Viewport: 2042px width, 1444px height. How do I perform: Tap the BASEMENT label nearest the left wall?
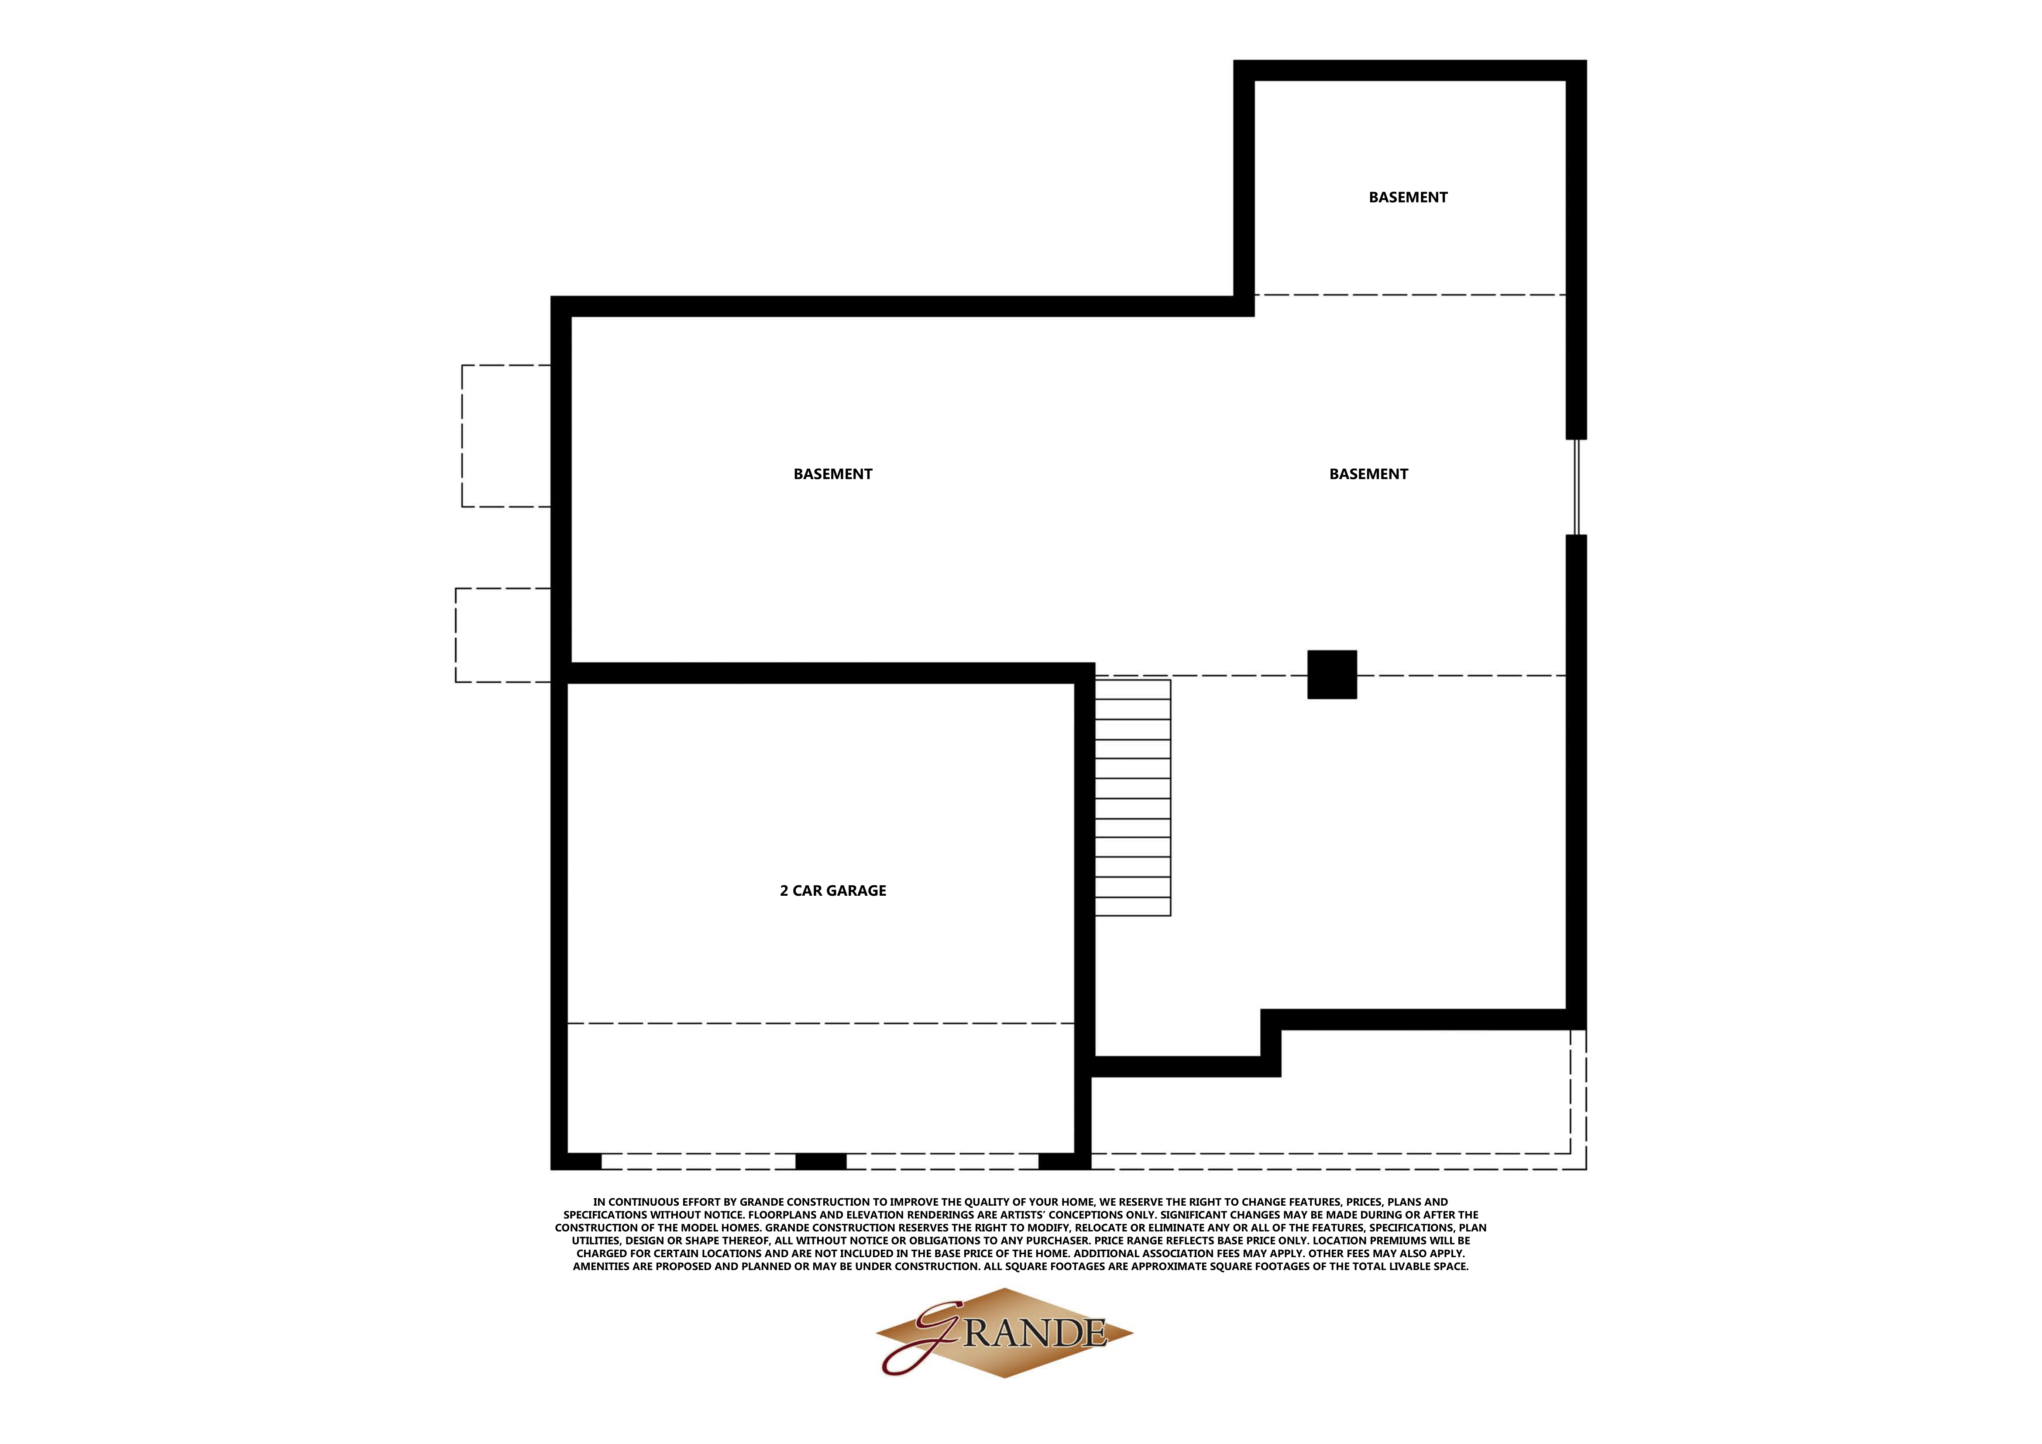click(x=832, y=474)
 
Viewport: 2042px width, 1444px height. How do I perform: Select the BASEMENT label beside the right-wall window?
click(x=1368, y=474)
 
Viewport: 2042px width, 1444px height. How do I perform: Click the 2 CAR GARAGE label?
click(x=832, y=890)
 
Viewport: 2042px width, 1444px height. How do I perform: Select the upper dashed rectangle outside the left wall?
click(x=505, y=436)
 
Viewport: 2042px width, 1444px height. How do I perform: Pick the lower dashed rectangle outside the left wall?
click(x=502, y=635)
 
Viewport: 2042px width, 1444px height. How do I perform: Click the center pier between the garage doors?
click(x=820, y=1161)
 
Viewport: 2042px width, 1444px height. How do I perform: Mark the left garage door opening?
click(x=698, y=1161)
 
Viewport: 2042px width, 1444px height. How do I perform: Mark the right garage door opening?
click(x=942, y=1161)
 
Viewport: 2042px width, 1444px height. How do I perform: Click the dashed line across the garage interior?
click(x=820, y=1024)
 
